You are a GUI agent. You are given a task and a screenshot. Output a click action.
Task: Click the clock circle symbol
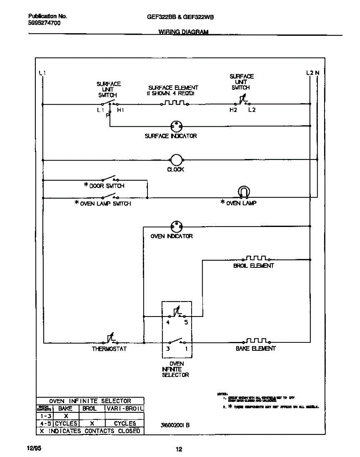[176, 160]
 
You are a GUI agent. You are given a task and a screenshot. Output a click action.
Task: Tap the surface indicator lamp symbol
[176, 126]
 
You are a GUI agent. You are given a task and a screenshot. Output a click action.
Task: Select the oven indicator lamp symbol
[176, 227]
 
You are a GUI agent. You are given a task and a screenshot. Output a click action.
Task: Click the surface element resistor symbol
[176, 103]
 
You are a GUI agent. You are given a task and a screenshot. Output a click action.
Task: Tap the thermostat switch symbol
[111, 339]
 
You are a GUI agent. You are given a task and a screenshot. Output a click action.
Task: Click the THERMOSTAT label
[109, 348]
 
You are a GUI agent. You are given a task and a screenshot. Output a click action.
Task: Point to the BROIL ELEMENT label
[253, 266]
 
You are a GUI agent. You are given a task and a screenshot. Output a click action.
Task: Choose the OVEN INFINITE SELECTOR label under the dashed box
[176, 369]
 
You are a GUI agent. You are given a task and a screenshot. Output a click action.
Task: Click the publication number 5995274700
[44, 22]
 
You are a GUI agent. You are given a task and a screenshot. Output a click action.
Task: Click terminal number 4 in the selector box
[168, 323]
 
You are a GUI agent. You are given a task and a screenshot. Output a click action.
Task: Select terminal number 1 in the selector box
[186, 348]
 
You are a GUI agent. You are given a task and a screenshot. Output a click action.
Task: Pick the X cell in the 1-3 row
[66, 416]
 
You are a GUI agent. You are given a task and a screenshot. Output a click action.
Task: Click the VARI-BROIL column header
[125, 409]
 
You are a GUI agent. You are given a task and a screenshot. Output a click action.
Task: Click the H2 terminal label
[233, 110]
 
